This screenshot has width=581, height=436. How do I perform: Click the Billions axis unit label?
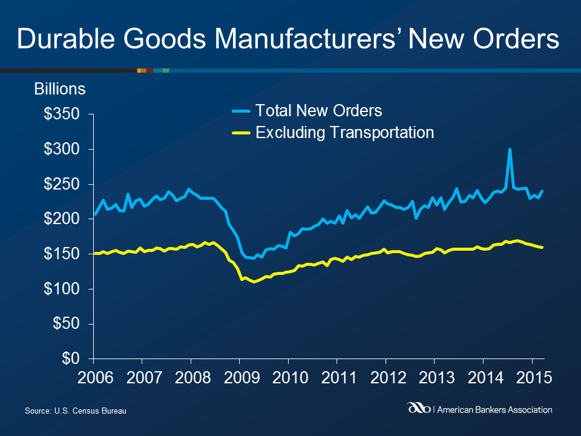coord(59,89)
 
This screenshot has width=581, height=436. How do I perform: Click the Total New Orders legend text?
coord(319,111)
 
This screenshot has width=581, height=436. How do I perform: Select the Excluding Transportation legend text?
coord(345,133)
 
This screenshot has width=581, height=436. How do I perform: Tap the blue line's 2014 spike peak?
coord(510,149)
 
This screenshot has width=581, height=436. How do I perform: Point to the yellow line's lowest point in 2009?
coord(254,282)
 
